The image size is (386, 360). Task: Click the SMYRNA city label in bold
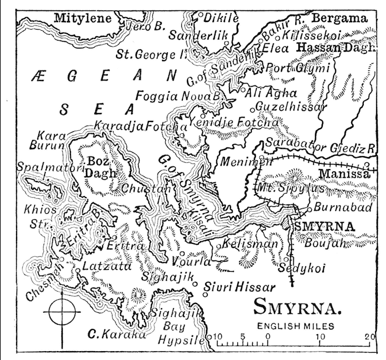[324, 226]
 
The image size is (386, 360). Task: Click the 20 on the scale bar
[369, 337]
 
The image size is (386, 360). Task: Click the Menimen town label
[239, 161]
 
